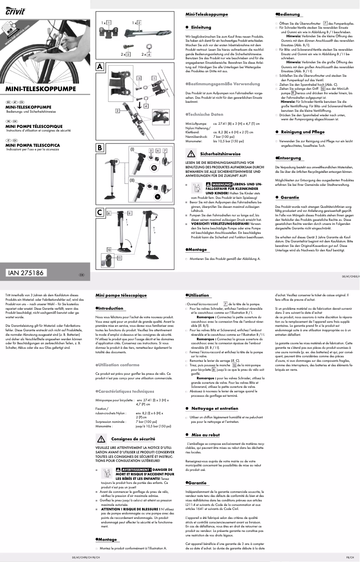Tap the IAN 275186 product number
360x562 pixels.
(26, 273)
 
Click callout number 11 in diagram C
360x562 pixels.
(119, 258)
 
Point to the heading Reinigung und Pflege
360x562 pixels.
(302, 132)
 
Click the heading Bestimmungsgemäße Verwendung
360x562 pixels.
(220, 84)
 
